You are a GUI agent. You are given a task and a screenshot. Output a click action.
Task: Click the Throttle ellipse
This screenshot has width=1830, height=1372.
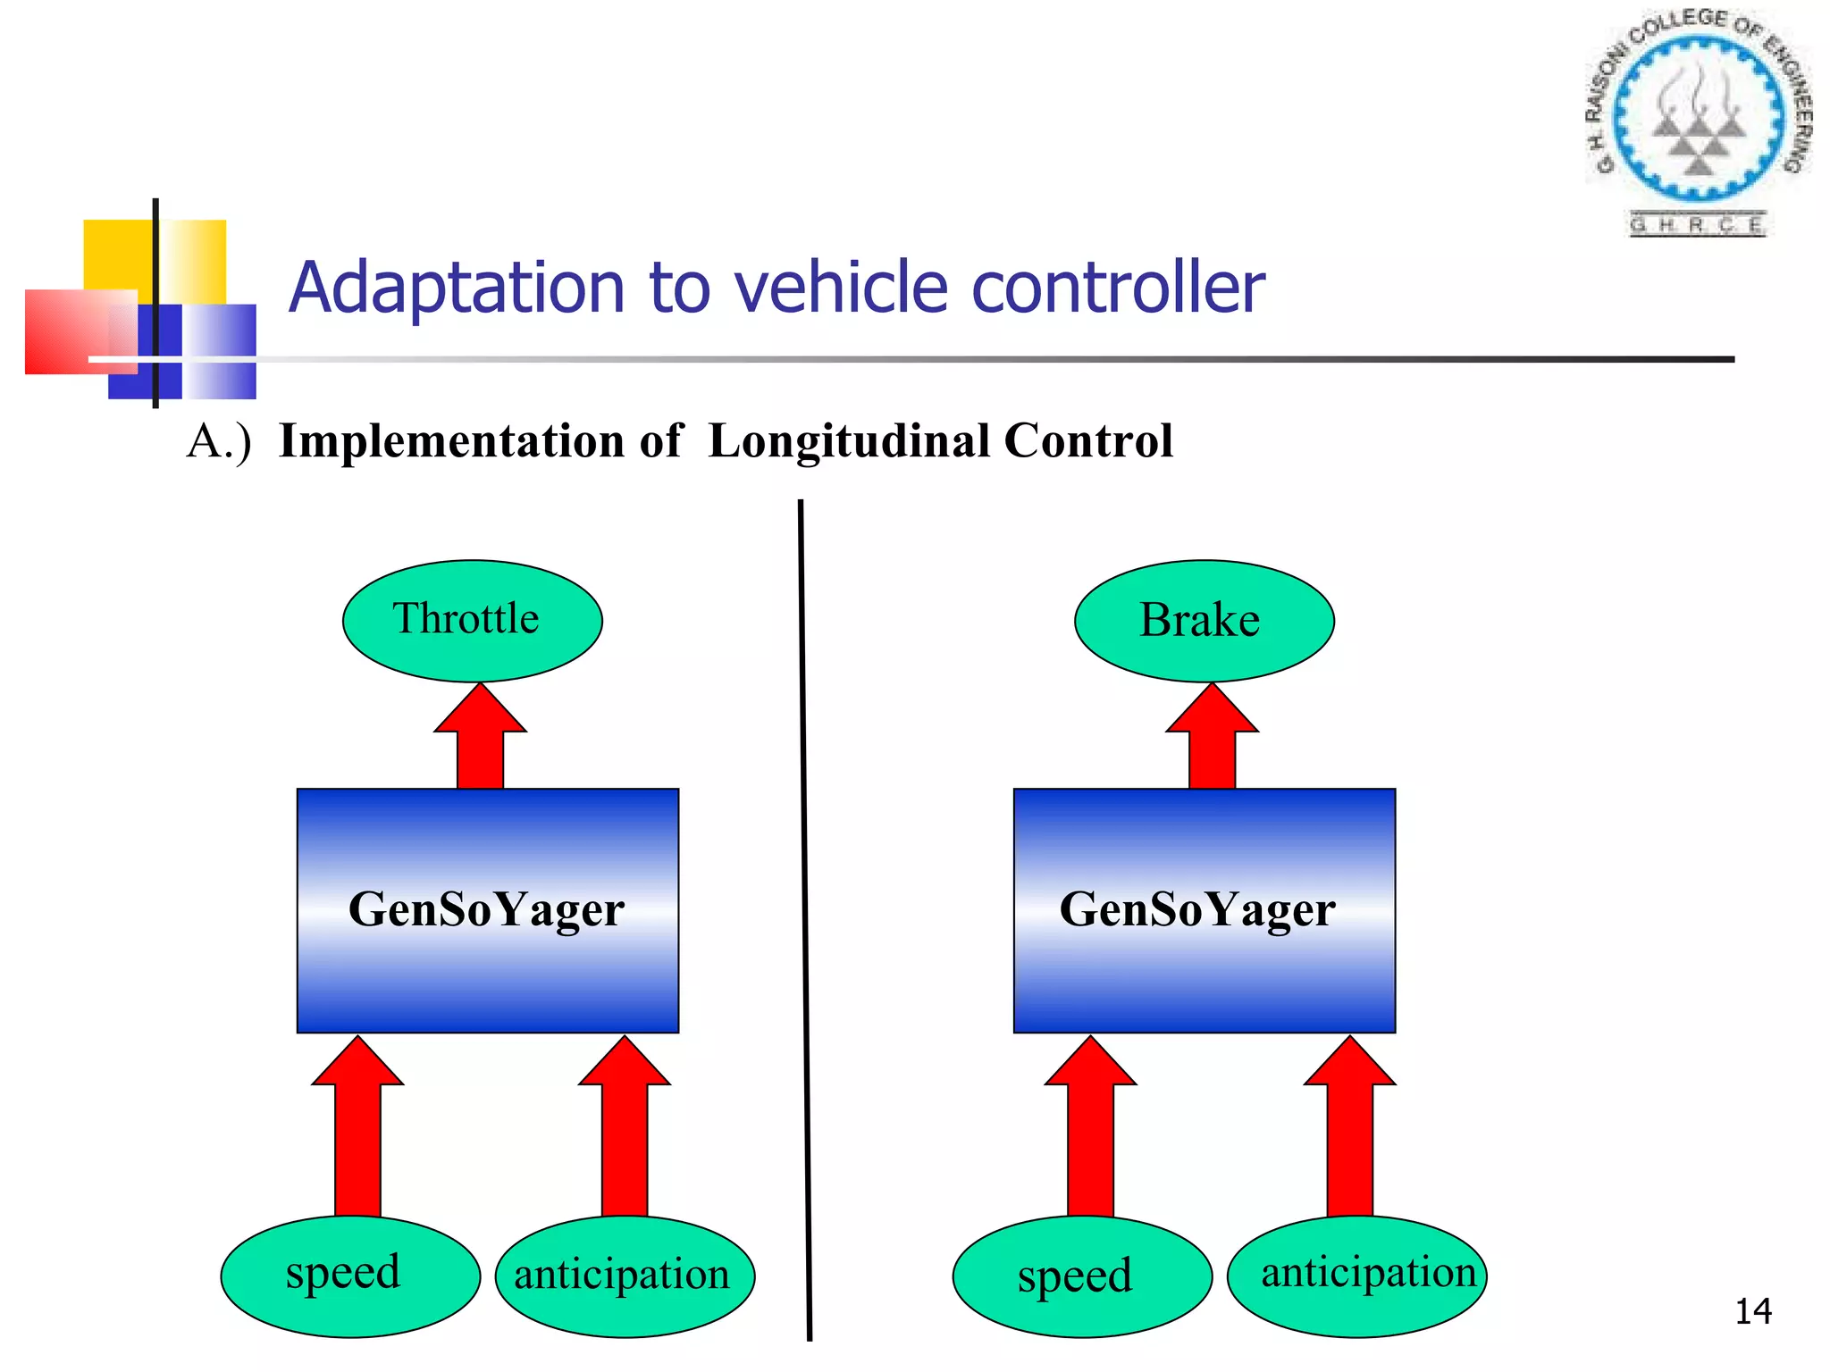pos(472,621)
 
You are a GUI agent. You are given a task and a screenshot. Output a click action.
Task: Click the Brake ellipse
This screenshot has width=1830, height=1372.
pos(1204,621)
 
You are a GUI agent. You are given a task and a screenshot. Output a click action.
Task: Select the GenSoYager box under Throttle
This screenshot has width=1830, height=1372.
pos(487,910)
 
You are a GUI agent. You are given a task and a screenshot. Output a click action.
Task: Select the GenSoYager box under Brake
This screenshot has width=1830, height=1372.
pos(1204,910)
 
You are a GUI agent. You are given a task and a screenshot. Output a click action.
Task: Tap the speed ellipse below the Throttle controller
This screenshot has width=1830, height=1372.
pos(350,1276)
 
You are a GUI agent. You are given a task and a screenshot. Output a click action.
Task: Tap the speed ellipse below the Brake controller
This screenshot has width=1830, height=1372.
pos(1082,1276)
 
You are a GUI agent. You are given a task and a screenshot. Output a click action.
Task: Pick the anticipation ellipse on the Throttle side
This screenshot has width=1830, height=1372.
pos(625,1276)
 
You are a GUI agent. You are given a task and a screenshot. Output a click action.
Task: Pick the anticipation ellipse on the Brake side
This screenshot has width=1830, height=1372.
pos(1356,1276)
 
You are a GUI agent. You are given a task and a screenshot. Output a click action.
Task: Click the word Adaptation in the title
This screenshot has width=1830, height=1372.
pos(457,289)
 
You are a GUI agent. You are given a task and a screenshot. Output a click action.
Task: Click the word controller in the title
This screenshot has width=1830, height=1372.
pos(1117,289)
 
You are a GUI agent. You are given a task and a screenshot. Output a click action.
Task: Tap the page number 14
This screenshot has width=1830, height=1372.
pos(1752,1311)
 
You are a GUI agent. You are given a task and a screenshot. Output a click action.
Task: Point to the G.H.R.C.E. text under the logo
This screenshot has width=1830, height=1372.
pos(1697,225)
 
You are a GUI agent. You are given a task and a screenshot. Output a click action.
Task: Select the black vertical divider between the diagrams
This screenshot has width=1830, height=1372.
pos(805,920)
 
